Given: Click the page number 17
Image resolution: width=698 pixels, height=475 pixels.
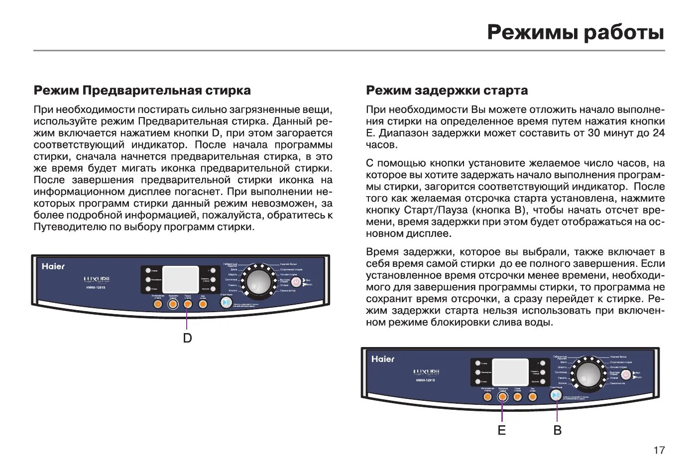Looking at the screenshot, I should click(x=659, y=450).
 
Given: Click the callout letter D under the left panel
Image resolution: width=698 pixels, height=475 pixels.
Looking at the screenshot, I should click(x=187, y=338).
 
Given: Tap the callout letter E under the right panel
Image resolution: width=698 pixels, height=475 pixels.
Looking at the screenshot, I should click(x=502, y=430).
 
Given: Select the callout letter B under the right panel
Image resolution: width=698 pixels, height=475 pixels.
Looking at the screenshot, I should click(x=558, y=430).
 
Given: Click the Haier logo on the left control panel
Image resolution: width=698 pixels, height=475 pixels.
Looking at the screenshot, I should click(x=53, y=266).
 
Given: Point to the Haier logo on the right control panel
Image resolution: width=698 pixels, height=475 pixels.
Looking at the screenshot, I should click(x=383, y=359).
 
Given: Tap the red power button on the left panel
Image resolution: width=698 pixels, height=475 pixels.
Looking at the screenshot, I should click(x=296, y=281).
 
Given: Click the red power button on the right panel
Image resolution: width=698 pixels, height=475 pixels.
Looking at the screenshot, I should click(x=626, y=374).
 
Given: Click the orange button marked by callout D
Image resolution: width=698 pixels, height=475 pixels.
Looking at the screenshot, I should click(x=188, y=304).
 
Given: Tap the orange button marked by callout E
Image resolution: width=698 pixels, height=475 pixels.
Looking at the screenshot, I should click(x=502, y=396).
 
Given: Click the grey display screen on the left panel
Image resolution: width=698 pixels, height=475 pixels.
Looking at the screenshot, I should click(x=181, y=279).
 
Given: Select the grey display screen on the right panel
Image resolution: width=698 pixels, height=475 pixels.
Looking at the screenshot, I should click(x=510, y=372).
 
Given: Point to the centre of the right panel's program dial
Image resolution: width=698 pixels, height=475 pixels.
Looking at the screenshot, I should click(x=588, y=374).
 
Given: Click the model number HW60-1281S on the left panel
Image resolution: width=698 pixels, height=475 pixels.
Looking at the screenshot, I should click(x=96, y=287).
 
